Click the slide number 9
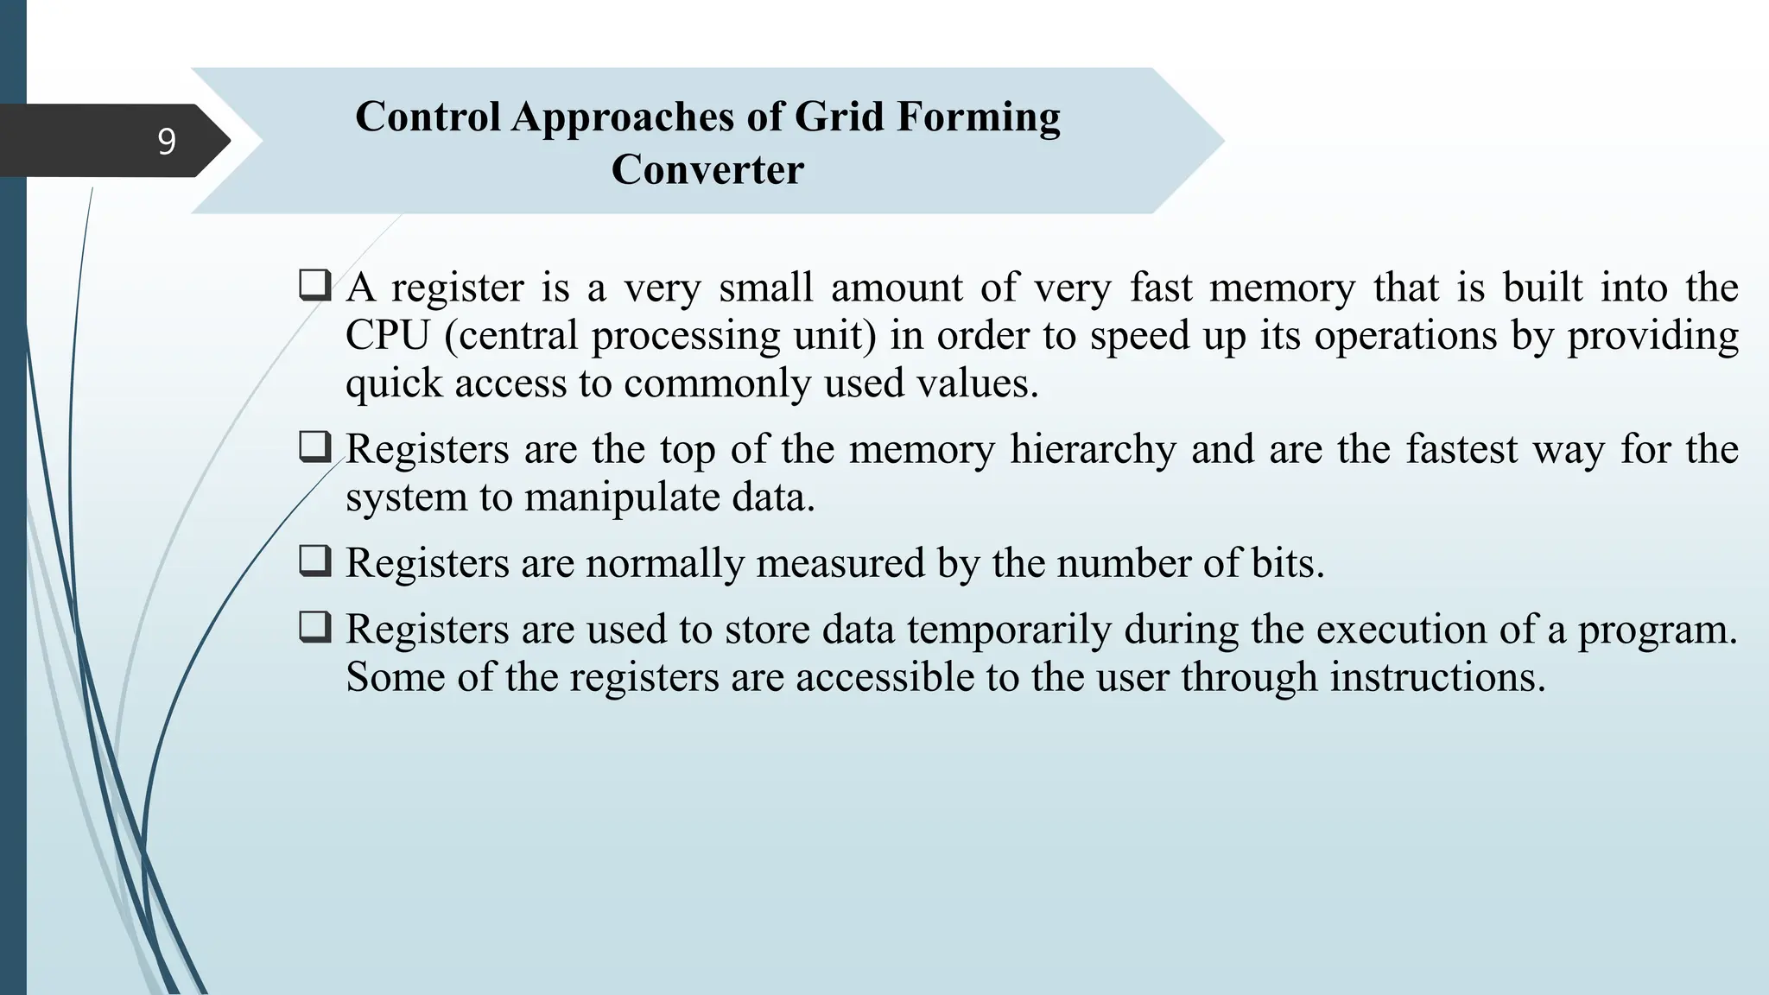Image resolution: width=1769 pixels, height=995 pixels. pos(167,141)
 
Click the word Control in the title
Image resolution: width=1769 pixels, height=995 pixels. pos(428,117)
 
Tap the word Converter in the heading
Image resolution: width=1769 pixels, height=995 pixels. pos(707,169)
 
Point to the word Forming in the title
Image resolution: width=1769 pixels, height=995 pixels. pos(978,117)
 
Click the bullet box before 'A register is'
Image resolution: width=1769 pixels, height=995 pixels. pos(314,285)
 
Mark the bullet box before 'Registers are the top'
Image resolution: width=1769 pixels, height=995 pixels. pos(314,447)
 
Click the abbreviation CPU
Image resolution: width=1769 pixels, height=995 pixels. pos(387,335)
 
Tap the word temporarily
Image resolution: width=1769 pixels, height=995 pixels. pos(1009,630)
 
